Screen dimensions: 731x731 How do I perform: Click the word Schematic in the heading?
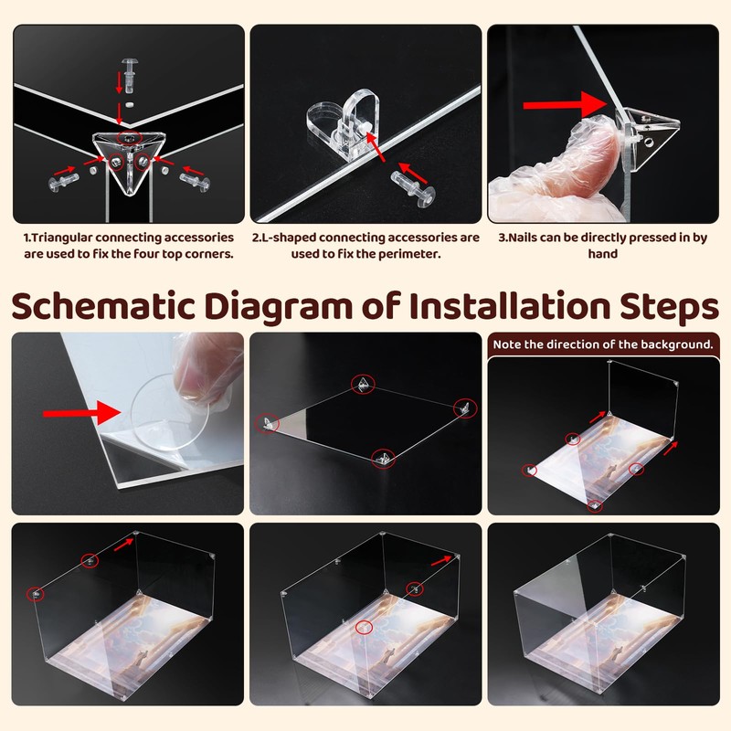(103, 306)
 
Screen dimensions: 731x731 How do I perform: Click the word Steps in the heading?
(669, 308)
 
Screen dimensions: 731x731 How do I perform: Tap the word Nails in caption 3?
(521, 238)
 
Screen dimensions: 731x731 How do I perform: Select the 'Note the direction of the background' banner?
(603, 344)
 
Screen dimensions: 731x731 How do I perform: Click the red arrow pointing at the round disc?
(81, 413)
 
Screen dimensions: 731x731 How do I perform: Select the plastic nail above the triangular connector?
(129, 75)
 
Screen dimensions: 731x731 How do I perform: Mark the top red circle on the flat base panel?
(363, 384)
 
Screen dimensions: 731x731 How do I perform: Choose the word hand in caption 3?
(603, 254)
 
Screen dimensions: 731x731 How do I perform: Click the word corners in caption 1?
(209, 255)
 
